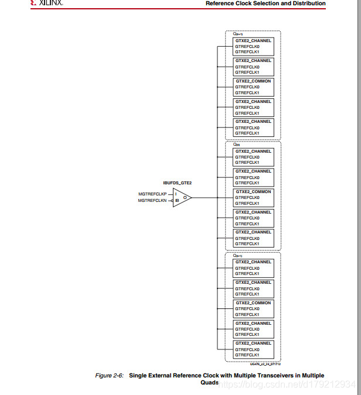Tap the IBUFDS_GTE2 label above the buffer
pos(177,183)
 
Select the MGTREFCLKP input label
pos(152,194)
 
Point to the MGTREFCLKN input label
pos(152,201)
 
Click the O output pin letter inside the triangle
pos(185,197)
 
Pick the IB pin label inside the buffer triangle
pos(176,201)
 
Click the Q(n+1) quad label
pos(238,34)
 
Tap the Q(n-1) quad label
pos(238,256)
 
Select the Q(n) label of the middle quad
pos(237,145)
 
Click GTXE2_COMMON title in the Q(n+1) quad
pos(253,81)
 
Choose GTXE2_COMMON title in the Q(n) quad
pos(253,192)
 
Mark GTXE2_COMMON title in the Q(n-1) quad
pos(253,303)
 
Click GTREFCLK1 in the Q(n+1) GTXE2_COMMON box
pos(247,92)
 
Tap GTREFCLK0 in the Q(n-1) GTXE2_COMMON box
pos(247,308)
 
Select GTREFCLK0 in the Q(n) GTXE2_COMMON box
pos(247,198)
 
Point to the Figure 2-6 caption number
pos(110,375)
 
